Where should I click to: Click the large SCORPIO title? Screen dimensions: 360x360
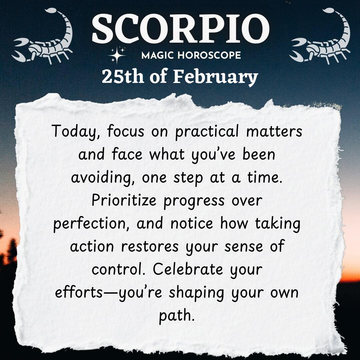tap(180, 28)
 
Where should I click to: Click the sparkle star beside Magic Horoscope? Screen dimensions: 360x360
tap(117, 55)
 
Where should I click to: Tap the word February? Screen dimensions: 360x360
tap(215, 77)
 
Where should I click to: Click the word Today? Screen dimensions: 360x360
tap(76, 132)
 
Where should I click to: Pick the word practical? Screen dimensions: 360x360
tap(207, 132)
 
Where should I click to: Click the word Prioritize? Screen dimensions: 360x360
tap(124, 200)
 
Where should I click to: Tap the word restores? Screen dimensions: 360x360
tap(149, 247)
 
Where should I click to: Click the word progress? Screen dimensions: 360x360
tap(194, 201)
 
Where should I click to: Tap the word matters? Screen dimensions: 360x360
tap(274, 131)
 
